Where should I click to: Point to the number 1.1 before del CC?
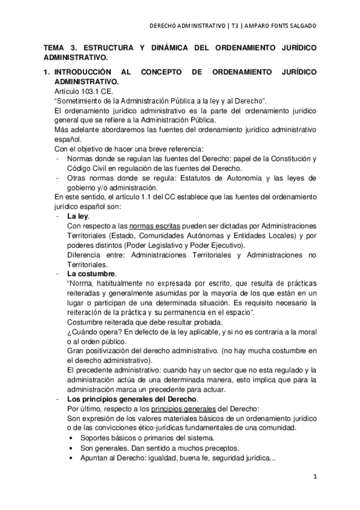pos(130,197)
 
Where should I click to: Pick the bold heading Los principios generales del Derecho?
pos(131,399)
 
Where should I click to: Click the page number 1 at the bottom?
pos(314,476)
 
